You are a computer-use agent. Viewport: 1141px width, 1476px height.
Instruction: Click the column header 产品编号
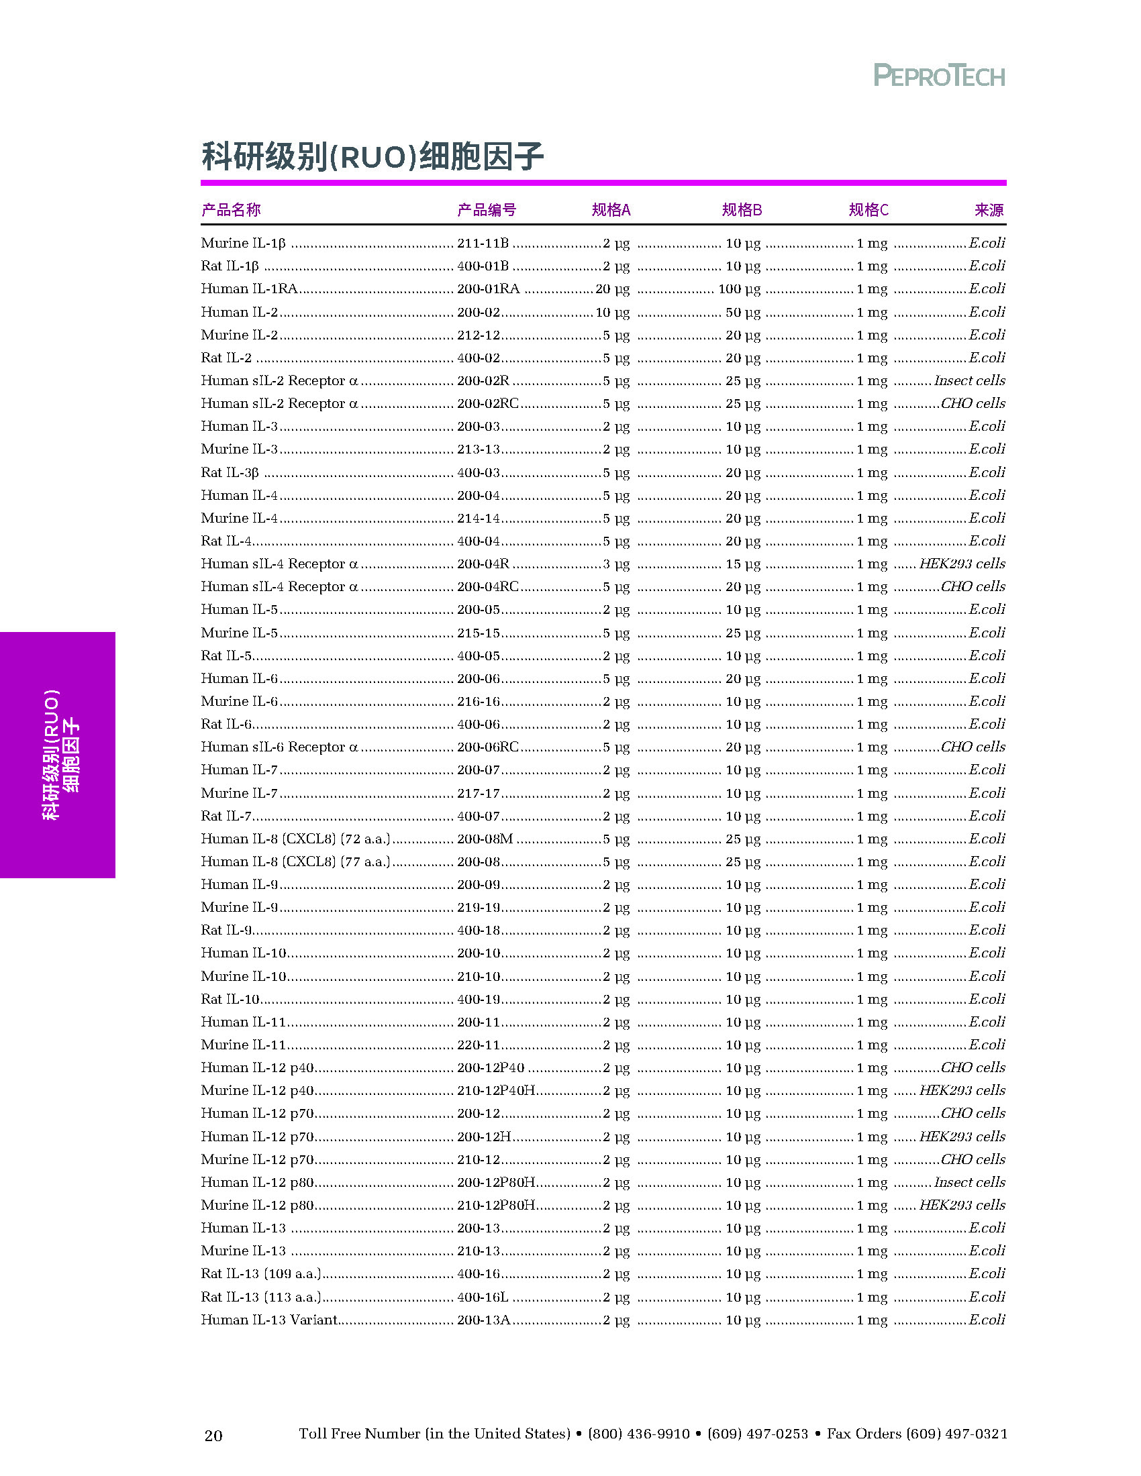(x=486, y=210)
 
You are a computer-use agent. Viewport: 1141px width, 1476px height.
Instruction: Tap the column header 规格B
(x=742, y=210)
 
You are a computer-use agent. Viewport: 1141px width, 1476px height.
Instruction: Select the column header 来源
(x=989, y=210)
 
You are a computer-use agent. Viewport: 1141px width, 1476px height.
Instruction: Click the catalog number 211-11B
(x=483, y=244)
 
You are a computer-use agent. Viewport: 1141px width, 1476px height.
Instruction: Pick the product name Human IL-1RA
(x=250, y=289)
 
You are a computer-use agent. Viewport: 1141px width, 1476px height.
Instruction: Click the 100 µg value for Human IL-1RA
(x=739, y=289)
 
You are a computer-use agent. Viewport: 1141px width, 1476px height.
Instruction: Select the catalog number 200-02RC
(x=487, y=403)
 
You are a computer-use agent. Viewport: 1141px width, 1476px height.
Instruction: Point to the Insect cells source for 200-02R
(x=969, y=380)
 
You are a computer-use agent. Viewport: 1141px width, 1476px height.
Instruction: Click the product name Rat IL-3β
(x=230, y=472)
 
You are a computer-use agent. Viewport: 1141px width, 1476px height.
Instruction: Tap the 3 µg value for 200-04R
(x=615, y=564)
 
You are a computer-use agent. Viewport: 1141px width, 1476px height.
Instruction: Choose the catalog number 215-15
(x=478, y=633)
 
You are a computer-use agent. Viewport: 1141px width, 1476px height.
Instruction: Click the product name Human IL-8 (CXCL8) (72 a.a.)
(x=295, y=839)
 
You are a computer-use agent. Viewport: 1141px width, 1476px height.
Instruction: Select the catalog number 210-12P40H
(x=496, y=1090)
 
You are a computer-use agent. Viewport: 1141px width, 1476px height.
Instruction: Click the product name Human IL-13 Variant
(x=269, y=1319)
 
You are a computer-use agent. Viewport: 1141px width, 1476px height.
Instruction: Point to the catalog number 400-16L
(x=483, y=1297)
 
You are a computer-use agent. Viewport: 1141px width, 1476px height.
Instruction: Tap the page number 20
(x=213, y=1436)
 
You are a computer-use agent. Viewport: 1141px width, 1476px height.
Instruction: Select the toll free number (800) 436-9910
(x=639, y=1434)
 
